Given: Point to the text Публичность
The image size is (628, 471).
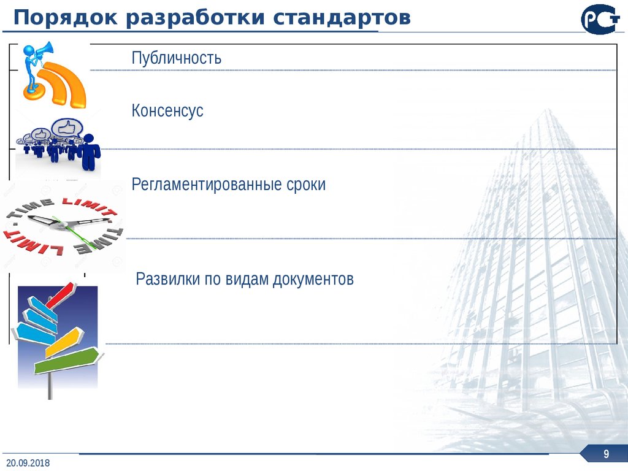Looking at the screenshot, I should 176,59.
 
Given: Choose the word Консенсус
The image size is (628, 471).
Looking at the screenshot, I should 167,112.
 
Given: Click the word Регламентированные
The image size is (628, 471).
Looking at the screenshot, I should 206,185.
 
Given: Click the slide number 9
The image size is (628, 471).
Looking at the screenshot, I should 606,454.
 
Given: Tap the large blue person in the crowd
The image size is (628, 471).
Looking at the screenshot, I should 90,153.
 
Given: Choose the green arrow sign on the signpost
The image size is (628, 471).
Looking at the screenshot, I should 64,361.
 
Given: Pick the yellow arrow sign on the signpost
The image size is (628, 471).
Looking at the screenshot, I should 64,342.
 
